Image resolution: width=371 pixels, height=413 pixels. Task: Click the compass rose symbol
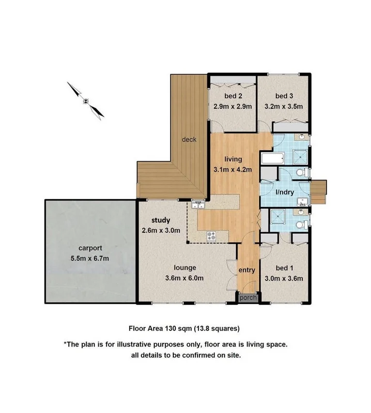coord(86,101)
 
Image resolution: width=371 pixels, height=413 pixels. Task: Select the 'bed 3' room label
coord(283,95)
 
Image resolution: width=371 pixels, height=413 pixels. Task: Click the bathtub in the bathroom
coord(269,159)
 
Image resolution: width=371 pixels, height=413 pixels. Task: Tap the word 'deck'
coord(189,140)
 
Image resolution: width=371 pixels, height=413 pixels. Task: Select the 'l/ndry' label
coord(285,192)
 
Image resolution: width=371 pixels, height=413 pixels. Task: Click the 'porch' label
coord(247,298)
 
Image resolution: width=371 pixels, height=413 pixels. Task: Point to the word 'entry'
coord(247,270)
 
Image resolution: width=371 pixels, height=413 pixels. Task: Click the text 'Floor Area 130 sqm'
coord(159,328)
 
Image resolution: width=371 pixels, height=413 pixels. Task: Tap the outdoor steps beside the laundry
coord(318,191)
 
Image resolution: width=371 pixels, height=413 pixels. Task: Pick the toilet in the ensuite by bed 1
coord(300,224)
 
